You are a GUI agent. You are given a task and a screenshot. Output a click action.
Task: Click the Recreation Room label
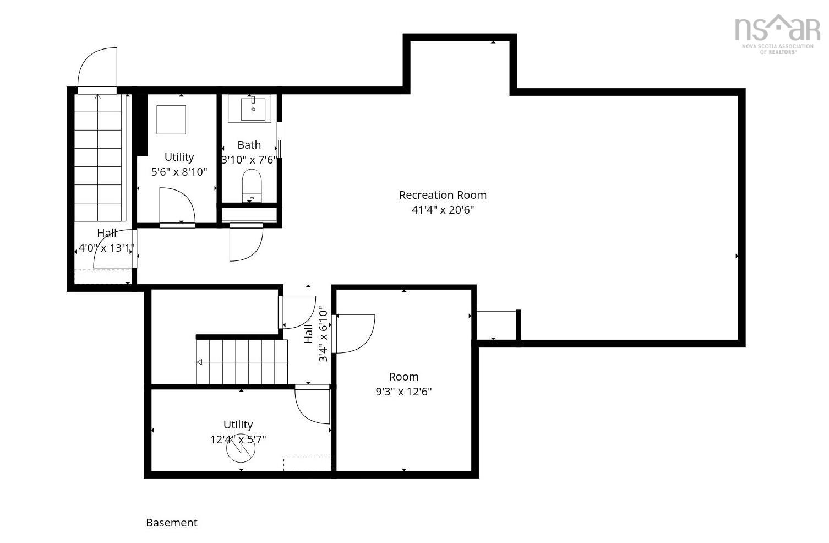(x=443, y=195)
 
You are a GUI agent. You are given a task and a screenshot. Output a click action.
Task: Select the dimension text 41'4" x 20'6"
(x=443, y=210)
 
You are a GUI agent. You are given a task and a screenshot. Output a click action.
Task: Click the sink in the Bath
(x=253, y=109)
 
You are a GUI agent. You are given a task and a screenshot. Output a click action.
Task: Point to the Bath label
(x=249, y=145)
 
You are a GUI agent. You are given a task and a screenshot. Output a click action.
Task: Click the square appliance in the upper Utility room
(x=171, y=119)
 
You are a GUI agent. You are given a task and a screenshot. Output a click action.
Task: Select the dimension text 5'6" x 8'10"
(x=179, y=172)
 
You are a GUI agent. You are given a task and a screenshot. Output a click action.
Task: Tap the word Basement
(x=171, y=523)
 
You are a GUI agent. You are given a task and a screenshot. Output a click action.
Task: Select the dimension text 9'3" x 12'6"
(x=403, y=392)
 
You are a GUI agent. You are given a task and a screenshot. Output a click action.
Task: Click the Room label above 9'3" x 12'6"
(x=403, y=377)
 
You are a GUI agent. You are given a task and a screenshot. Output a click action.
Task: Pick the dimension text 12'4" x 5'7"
(x=238, y=439)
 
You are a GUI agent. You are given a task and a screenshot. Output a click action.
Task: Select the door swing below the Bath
(x=245, y=243)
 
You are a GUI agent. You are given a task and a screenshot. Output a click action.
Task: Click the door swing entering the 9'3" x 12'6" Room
(x=354, y=333)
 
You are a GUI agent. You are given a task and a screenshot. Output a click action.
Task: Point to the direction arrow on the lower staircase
(x=199, y=362)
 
